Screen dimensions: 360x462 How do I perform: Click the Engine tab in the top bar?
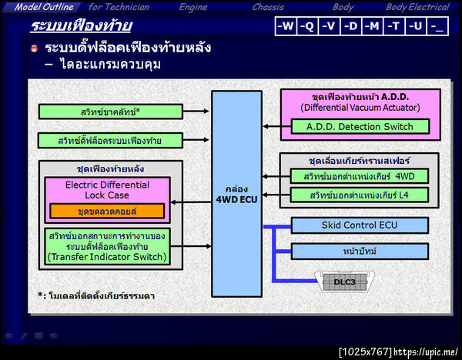pos(193,7)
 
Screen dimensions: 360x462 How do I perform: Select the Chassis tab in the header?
pos(268,7)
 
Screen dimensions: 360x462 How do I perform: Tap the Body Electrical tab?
pos(417,7)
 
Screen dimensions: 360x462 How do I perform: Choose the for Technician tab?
pos(119,7)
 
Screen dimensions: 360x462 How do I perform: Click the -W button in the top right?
pos(286,26)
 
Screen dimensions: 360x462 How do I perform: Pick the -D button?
pos(351,26)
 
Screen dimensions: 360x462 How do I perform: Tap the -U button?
pos(417,26)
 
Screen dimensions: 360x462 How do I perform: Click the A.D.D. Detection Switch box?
pos(360,127)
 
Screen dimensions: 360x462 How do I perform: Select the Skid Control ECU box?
pos(358,225)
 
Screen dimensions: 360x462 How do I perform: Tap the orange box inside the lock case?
pos(107,211)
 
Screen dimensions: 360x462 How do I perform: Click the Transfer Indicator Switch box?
pos(107,245)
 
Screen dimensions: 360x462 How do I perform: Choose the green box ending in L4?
pos(360,195)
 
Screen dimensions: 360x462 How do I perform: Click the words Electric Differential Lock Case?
pos(107,190)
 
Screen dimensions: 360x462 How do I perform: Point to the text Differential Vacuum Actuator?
pos(360,108)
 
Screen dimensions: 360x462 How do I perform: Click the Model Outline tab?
pos(44,7)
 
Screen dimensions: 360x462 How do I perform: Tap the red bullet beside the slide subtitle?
pos(35,48)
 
